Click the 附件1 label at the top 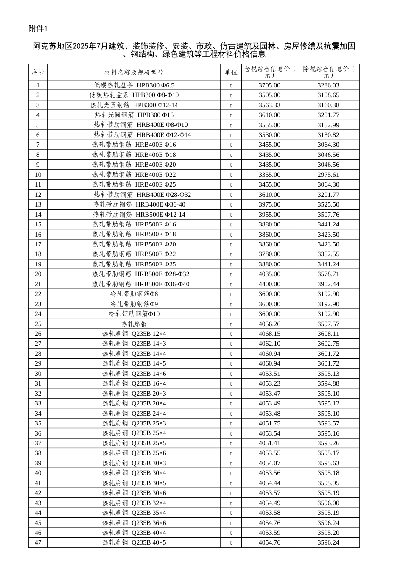coord(39,28)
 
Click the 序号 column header coord(38,73)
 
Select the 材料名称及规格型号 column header coord(134,73)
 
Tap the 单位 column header coord(231,73)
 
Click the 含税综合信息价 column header coord(270,72)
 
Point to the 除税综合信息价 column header coord(329,72)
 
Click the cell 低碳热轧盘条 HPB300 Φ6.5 coord(134,85)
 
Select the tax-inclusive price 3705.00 coord(269,85)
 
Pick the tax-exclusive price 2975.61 coord(328,175)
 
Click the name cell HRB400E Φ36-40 coord(139,204)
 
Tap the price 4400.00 coord(269,284)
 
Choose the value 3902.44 coord(328,284)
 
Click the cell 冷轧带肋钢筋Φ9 coord(134,304)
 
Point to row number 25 coord(38,324)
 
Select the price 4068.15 coord(269,334)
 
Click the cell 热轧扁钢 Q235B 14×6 coord(134,374)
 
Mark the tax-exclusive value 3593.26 coord(328,443)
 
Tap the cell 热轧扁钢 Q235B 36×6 coord(134,523)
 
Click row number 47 coord(38,542)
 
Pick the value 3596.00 coord(328,503)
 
